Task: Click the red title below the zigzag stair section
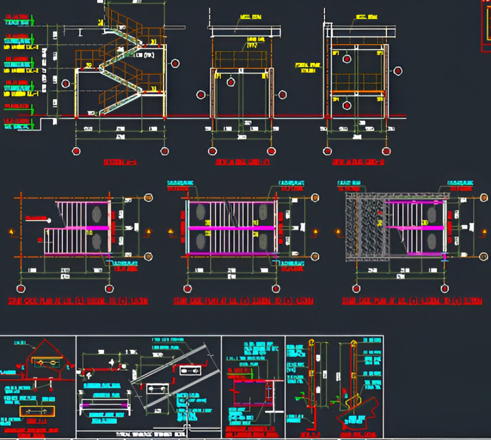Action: [x=120, y=162]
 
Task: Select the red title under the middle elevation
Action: [x=242, y=162]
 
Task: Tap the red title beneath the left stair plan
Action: [x=78, y=301]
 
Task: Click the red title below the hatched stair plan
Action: [x=412, y=301]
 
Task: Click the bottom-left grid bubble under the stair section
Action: [x=76, y=151]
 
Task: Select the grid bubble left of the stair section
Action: [x=65, y=83]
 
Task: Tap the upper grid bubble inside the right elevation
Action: [x=347, y=59]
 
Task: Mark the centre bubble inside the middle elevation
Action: [x=231, y=82]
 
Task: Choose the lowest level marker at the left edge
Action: [x=18, y=122]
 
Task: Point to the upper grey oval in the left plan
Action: [x=96, y=213]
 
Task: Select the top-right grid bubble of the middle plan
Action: [x=315, y=197]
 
